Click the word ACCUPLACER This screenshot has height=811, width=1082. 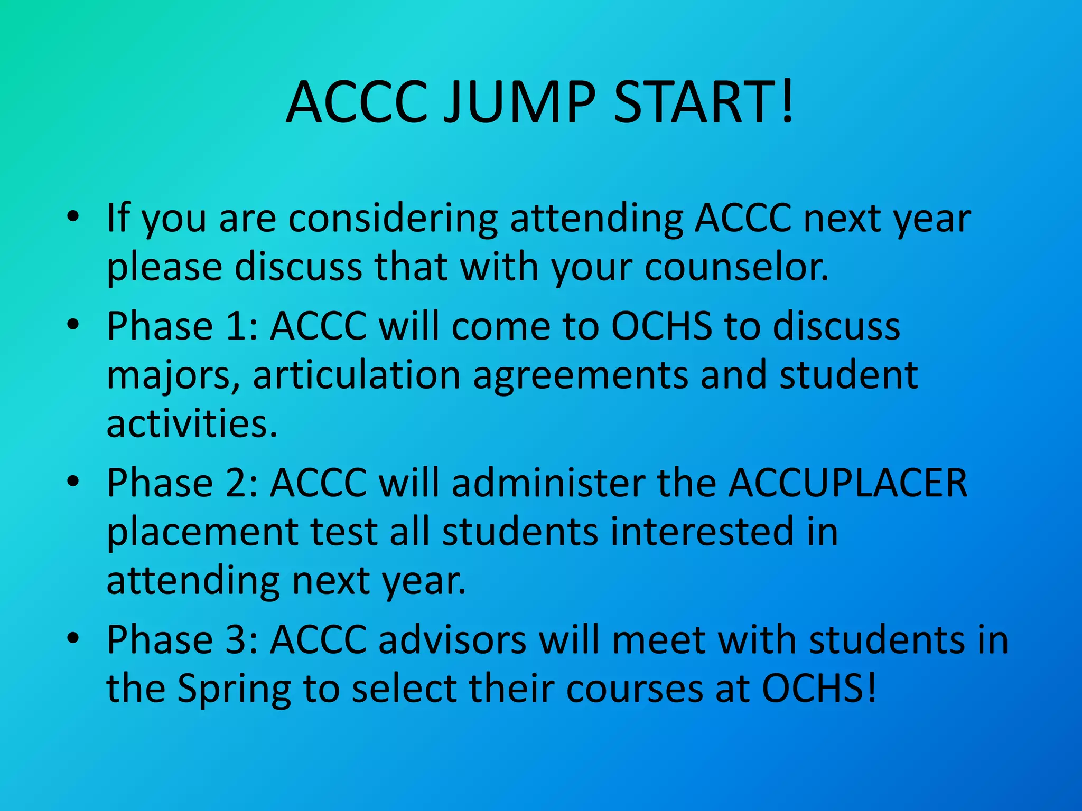point(847,483)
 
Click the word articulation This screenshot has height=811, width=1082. point(357,375)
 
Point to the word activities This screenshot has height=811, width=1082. point(191,424)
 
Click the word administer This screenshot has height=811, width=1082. point(548,483)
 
